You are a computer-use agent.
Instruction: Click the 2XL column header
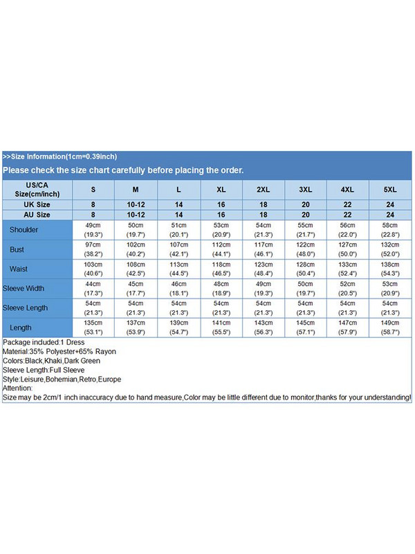click(x=264, y=189)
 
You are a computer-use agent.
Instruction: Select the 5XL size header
click(x=390, y=189)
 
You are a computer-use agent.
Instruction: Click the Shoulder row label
click(x=24, y=230)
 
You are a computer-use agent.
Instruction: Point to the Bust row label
click(x=17, y=249)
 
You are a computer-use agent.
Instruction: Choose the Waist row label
click(x=19, y=269)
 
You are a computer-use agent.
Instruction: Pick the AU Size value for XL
click(x=221, y=215)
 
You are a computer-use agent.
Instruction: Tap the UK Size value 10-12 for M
click(x=136, y=205)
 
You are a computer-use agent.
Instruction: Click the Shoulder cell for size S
click(x=93, y=230)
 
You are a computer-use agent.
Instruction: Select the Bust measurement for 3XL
click(x=306, y=249)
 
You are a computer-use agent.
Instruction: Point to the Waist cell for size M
click(x=136, y=269)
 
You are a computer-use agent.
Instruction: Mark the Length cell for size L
click(x=178, y=327)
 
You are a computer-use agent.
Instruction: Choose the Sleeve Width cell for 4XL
click(x=348, y=288)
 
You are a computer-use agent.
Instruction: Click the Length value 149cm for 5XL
click(x=390, y=323)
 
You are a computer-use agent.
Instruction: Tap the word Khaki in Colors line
click(x=57, y=361)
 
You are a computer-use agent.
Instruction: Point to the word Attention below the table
click(x=17, y=388)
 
